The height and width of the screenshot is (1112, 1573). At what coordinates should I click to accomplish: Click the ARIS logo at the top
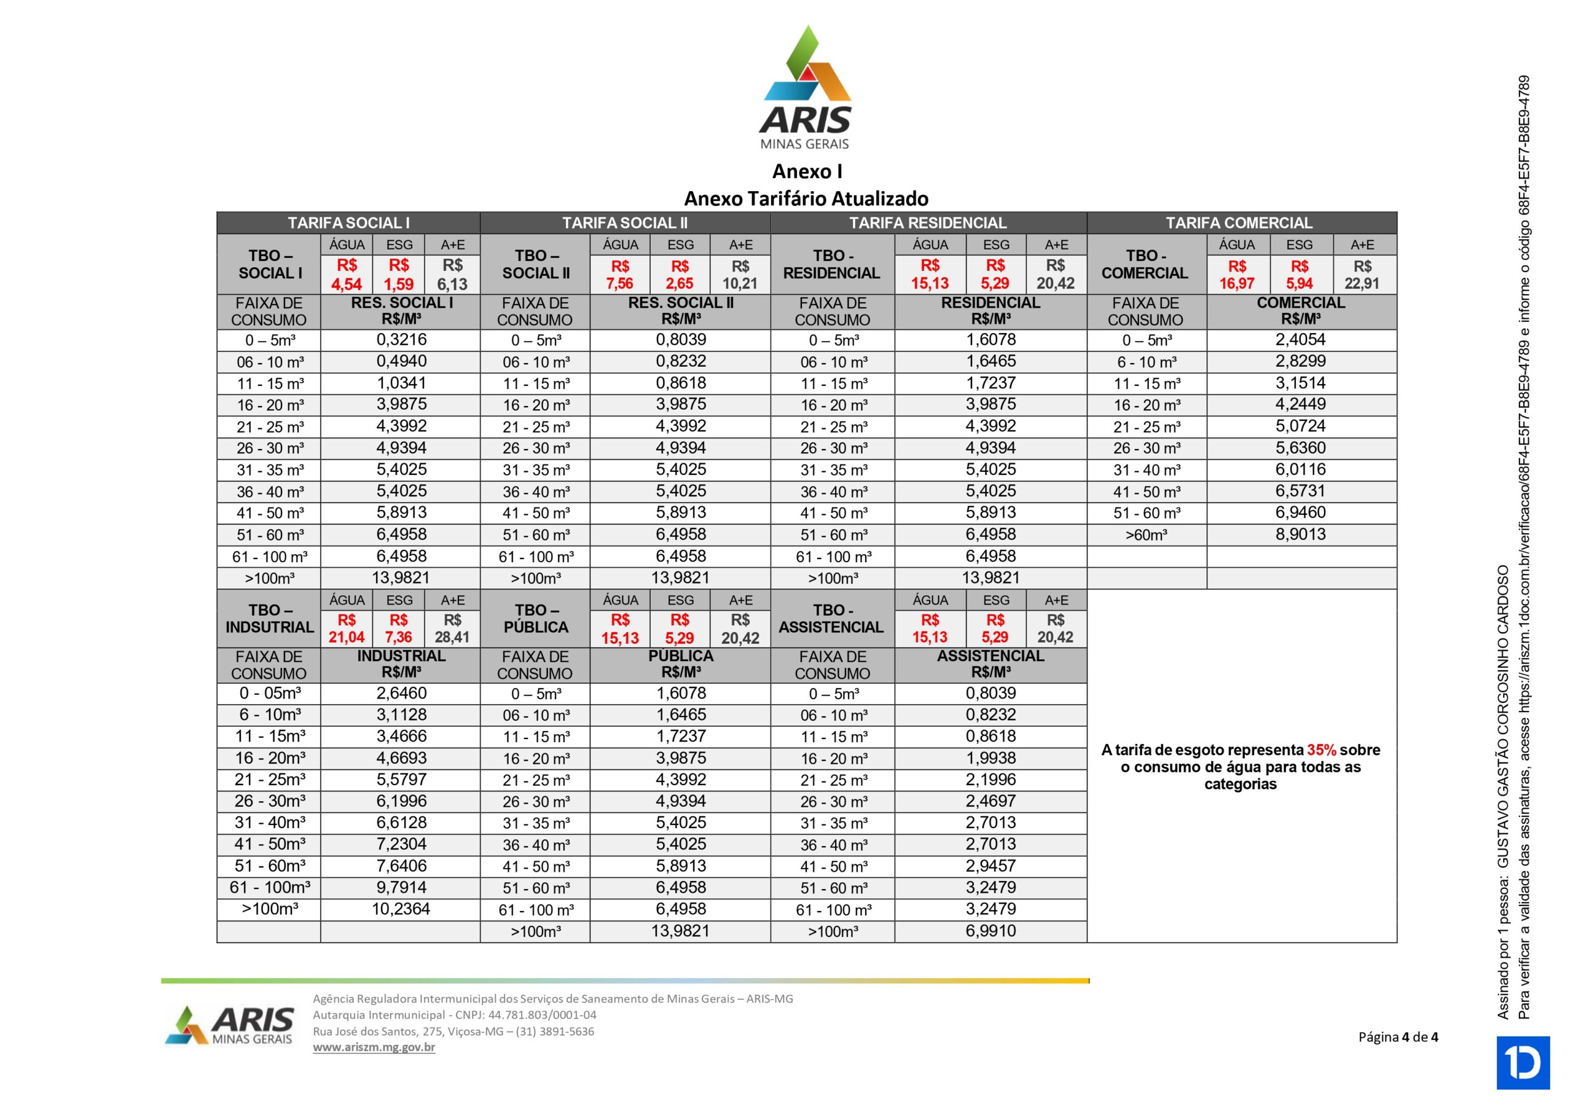806,88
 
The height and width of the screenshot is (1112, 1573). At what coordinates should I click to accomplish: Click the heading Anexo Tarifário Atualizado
806,198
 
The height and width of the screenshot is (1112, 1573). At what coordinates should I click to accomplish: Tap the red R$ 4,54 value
347,275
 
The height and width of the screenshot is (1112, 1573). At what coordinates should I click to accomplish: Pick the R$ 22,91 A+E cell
1362,275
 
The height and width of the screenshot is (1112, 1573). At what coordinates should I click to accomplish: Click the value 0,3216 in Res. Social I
401,340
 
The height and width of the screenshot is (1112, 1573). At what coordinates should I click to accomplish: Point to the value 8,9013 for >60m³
1300,534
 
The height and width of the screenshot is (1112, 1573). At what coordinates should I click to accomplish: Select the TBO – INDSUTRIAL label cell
269,619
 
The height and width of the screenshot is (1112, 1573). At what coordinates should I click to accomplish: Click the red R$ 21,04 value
347,629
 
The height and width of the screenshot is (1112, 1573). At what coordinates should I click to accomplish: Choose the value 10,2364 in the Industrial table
401,909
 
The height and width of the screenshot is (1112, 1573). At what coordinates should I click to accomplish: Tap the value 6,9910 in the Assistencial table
990,931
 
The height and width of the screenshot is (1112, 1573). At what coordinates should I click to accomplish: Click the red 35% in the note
1322,750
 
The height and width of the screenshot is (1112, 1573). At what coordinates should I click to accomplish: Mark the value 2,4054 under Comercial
1300,340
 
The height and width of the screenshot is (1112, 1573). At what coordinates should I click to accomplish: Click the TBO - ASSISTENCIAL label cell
832,619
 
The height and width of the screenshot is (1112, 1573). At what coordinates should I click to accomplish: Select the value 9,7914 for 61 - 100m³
401,887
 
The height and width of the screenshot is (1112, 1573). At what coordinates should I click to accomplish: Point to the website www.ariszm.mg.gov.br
374,1047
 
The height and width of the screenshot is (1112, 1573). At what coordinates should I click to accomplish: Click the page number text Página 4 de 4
1398,1036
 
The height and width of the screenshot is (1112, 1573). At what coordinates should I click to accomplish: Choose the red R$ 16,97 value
1237,275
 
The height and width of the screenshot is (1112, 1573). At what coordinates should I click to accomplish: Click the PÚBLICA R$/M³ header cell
680,664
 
